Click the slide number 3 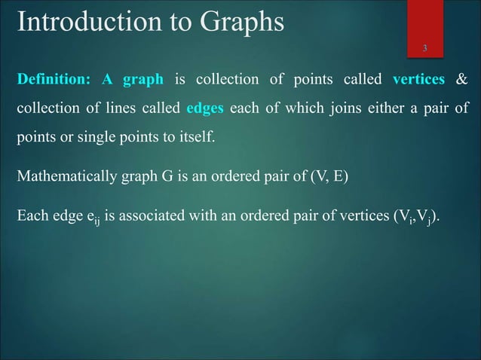425,50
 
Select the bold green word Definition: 54,80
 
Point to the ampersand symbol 462,80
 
